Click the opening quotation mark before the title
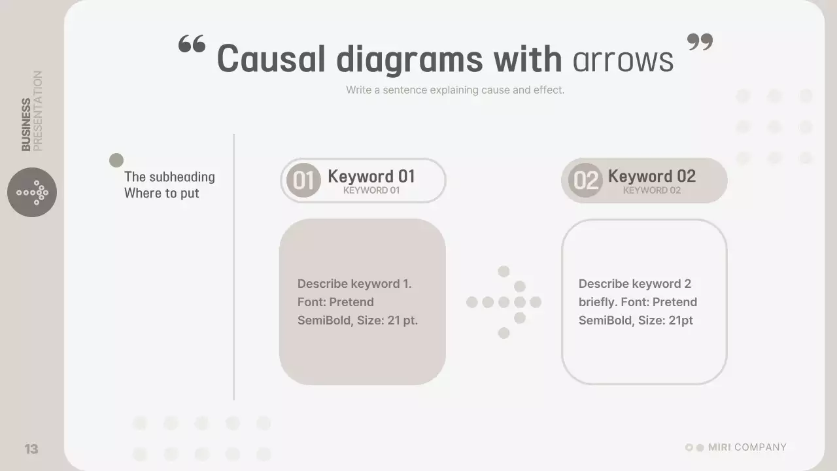point(192,44)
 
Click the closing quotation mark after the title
point(700,43)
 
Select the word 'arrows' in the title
point(623,60)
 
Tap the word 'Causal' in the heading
point(271,59)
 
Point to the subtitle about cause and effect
point(454,90)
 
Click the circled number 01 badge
point(303,181)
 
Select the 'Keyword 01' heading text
point(371,176)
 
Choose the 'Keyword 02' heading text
point(651,176)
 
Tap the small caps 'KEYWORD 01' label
point(371,190)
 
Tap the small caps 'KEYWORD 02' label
point(651,190)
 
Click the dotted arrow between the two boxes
point(504,302)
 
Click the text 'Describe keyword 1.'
point(354,284)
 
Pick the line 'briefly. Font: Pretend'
point(638,302)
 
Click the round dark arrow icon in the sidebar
point(32,192)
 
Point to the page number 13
point(31,449)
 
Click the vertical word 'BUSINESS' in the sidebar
point(26,125)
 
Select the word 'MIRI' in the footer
point(719,447)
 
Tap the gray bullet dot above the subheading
point(116,160)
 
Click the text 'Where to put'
point(162,194)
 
